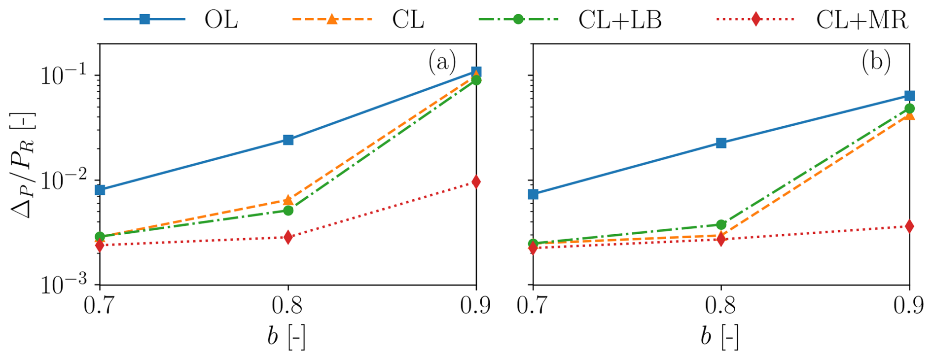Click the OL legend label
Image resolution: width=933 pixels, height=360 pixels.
pyautogui.click(x=221, y=20)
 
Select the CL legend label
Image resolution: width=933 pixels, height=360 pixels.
pyautogui.click(x=408, y=20)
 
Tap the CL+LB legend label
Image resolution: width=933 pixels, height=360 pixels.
pyautogui.click(x=619, y=20)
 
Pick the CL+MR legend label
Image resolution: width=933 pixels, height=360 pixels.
pyautogui.click(x=862, y=20)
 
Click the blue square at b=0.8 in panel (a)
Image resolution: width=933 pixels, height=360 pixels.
pyautogui.click(x=288, y=140)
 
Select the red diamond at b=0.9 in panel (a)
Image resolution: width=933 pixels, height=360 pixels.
pyautogui.click(x=476, y=182)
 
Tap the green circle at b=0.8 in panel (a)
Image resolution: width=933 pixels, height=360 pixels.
pyautogui.click(x=288, y=211)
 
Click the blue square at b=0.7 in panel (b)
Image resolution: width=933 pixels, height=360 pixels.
pyautogui.click(x=533, y=194)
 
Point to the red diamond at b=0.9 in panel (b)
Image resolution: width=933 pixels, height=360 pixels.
pyautogui.click(x=909, y=226)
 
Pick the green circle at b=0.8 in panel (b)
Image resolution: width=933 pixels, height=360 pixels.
pyautogui.click(x=721, y=225)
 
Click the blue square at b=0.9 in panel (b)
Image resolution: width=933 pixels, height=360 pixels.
pyautogui.click(x=909, y=96)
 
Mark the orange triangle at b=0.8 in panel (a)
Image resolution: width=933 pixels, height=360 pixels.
pyautogui.click(x=288, y=200)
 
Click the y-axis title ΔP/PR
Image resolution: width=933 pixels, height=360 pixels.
pyautogui.click(x=23, y=165)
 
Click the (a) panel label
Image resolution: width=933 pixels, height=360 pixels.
pyautogui.click(x=442, y=62)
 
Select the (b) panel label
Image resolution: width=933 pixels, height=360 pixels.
pyautogui.click(x=876, y=62)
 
